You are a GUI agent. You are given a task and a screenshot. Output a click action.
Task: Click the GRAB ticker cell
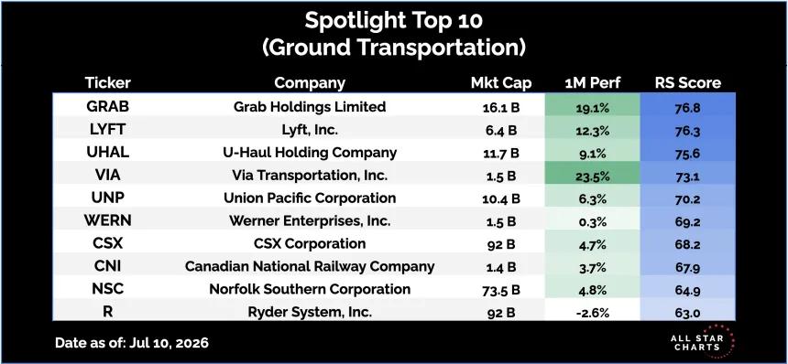pos(107,107)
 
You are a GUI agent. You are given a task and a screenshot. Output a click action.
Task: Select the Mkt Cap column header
pos(501,82)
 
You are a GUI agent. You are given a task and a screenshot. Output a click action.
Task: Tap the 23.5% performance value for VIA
pos(593,176)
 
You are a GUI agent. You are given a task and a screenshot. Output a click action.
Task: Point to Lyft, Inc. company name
pos(310,131)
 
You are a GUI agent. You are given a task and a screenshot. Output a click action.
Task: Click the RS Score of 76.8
pos(688,108)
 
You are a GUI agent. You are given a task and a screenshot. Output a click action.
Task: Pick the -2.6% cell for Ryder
pos(593,314)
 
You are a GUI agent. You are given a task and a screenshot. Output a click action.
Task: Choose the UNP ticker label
pos(107,198)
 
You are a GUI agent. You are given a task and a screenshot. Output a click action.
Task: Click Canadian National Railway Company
pos(310,266)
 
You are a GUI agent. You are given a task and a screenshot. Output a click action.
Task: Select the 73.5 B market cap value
pos(501,291)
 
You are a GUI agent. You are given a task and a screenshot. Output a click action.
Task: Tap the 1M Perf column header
pos(593,82)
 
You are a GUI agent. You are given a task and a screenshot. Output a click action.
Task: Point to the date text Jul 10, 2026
pos(169,344)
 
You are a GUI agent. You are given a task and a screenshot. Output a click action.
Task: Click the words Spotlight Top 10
pos(393,21)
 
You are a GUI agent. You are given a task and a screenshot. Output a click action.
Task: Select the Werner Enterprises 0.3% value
pos(593,221)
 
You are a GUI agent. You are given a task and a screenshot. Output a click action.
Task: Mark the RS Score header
pos(688,82)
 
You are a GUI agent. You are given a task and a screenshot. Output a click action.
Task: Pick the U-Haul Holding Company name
pos(310,153)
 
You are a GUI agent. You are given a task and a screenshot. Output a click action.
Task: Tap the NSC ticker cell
pos(107,289)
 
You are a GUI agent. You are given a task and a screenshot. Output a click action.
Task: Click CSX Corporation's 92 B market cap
pos(501,245)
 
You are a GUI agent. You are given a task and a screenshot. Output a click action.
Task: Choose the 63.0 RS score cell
pos(688,314)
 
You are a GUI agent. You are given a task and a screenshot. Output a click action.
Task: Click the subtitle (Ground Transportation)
pos(393,48)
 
